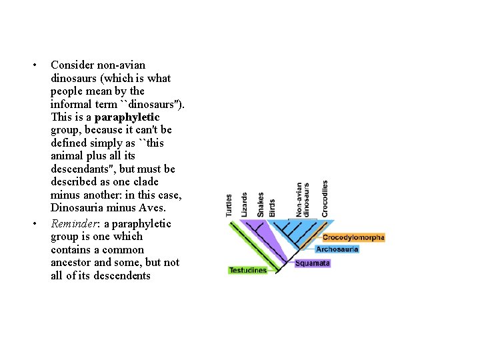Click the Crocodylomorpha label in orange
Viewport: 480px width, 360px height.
click(353, 237)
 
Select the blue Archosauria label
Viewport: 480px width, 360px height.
click(337, 249)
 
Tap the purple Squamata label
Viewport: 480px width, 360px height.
click(312, 263)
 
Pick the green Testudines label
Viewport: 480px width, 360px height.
click(247, 270)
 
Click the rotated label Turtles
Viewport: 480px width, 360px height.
click(229, 205)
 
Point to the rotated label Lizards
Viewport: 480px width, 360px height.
click(245, 205)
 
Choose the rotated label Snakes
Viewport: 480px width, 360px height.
click(261, 205)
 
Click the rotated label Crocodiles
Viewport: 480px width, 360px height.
click(325, 199)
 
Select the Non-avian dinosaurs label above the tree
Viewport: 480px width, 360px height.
click(303, 199)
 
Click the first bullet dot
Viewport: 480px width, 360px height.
click(34, 65)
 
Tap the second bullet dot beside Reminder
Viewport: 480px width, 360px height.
click(34, 223)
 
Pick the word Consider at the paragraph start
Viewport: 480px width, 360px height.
click(72, 65)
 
